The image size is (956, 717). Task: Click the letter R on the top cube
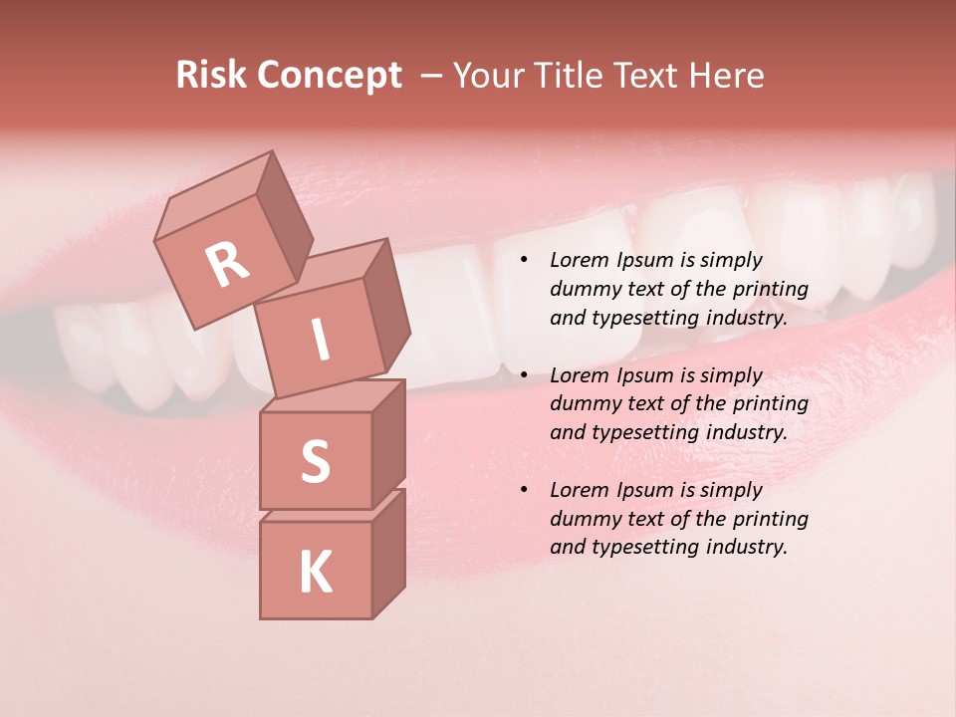point(228,264)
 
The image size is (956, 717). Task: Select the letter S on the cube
point(315,461)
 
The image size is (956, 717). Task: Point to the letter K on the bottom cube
point(315,573)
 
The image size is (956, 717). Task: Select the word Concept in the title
point(329,75)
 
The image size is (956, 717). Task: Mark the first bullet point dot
point(524,261)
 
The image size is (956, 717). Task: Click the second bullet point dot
point(524,375)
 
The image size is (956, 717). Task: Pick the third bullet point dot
point(524,490)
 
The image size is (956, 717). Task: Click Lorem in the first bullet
point(577,260)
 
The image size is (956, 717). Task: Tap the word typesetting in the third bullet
point(637,547)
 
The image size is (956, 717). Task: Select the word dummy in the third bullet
point(581,518)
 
